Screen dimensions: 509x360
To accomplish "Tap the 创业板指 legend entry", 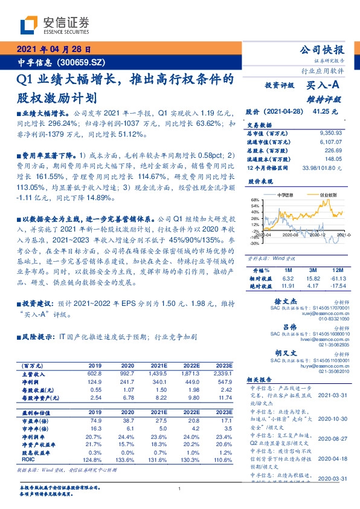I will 329,195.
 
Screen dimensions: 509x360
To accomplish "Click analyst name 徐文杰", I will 300,300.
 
